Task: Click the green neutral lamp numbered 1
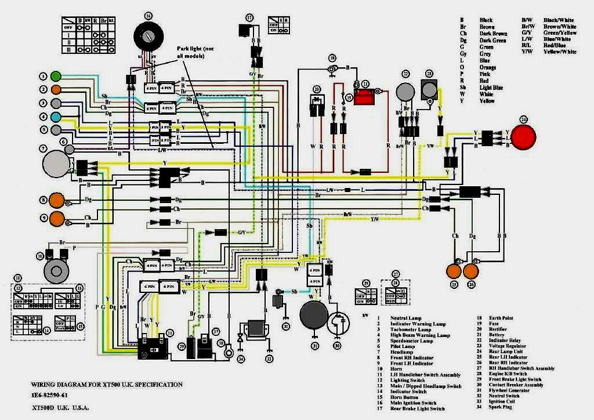[56, 76]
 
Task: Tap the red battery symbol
[365, 97]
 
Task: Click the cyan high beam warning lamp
[56, 117]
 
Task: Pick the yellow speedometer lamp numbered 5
[56, 129]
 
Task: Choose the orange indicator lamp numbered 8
[56, 200]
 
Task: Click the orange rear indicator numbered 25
[453, 270]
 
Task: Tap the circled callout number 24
[524, 119]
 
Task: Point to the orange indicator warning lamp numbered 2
[56, 89]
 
